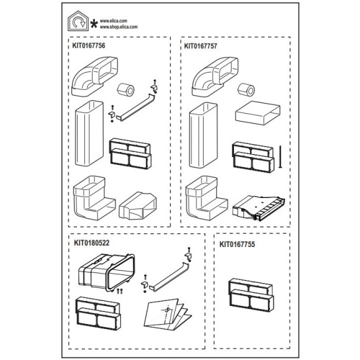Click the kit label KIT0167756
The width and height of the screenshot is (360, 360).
pos(89,45)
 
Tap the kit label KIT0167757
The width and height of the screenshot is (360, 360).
pos(200,46)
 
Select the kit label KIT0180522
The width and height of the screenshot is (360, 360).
pos(92,243)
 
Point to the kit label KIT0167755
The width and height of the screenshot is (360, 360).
pos(237,245)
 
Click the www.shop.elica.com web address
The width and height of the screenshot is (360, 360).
pos(119,27)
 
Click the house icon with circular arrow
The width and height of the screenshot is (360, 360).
pos(78,21)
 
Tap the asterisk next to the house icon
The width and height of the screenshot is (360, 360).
pos(94,24)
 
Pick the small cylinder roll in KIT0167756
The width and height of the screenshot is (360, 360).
pos(125,89)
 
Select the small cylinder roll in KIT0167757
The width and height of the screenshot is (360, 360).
pos(246,89)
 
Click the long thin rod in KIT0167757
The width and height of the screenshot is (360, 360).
pos(280,156)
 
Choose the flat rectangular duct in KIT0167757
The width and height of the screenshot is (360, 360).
pos(258,113)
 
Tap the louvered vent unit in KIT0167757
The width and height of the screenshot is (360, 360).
pos(259,208)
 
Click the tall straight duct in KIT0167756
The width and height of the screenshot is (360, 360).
pos(89,133)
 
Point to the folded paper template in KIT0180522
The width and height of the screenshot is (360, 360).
pos(168,314)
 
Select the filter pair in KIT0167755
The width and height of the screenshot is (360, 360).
pos(251,295)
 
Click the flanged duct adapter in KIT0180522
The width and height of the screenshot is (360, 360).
pos(107,272)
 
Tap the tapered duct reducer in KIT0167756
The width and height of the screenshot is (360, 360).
pos(138,205)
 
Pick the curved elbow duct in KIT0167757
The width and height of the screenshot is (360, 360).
pos(215,77)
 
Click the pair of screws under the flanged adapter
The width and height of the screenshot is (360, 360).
pos(120,291)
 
